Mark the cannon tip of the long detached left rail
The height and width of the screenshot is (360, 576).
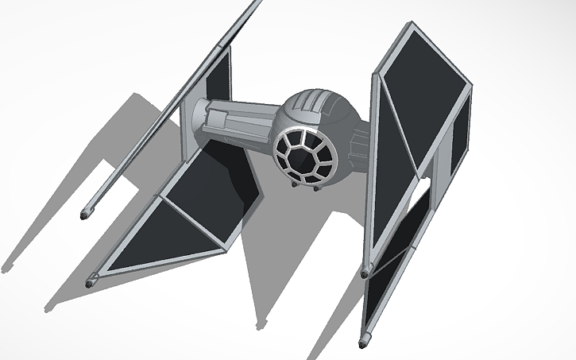pos(86,213)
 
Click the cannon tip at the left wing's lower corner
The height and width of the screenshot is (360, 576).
pos(91,280)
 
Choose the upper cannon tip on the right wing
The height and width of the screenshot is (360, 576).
pos(365,273)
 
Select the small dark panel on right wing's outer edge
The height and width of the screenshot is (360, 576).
pos(458,147)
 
